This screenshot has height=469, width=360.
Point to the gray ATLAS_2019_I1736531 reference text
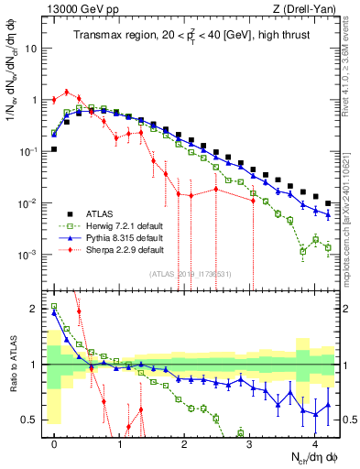pos(191,273)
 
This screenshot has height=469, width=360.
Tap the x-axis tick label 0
pos(55,442)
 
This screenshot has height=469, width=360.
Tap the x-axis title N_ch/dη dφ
pos(313,458)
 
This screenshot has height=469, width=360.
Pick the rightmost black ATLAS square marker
pos(329,202)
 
